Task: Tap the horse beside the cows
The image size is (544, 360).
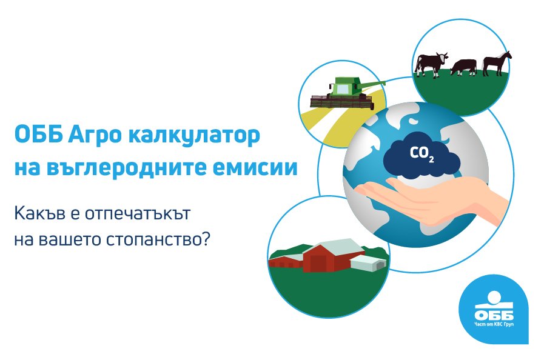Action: (497, 62)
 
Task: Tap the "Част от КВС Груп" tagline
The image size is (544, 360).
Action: (494, 326)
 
